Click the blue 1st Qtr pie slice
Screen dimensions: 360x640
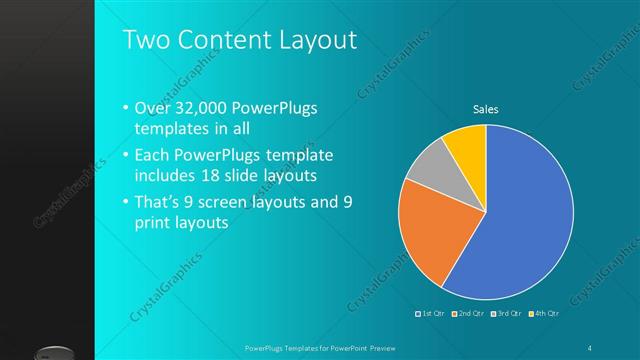coord(525,215)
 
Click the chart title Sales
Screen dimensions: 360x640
coord(486,109)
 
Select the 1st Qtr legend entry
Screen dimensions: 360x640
coord(433,314)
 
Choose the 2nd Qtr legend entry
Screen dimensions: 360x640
coord(471,314)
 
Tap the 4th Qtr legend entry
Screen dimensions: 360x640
coord(545,314)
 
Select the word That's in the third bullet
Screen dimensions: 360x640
coord(158,201)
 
